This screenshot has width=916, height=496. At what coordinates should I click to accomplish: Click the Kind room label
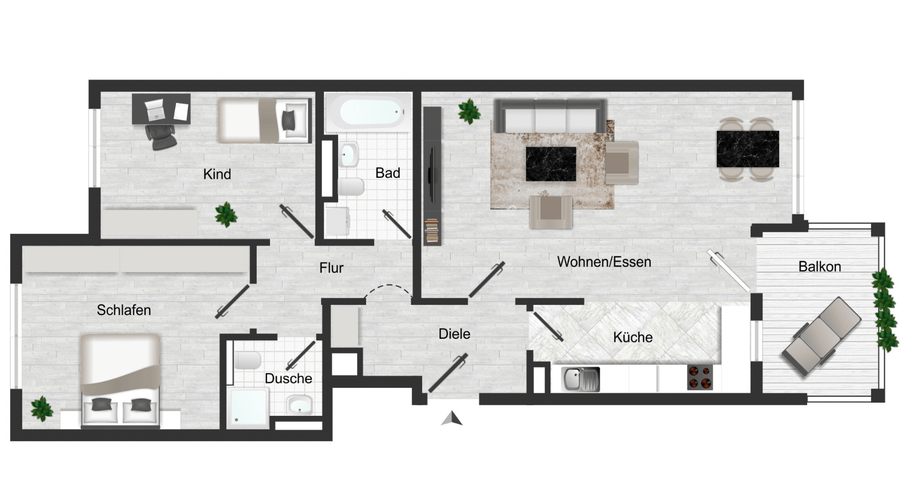(217, 174)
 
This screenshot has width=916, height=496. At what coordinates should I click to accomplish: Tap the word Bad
(388, 173)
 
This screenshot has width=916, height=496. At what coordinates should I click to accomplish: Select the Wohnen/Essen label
(604, 262)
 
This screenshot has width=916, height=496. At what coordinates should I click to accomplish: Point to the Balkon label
(819, 266)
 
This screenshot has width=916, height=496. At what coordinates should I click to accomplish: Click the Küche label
(633, 337)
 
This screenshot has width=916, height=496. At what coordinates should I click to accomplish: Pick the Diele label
(454, 334)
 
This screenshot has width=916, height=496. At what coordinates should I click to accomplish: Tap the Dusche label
(288, 378)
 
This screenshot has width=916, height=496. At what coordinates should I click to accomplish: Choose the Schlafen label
(124, 310)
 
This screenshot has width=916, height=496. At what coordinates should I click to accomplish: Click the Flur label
(331, 268)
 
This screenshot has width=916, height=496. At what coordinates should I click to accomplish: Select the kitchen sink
(580, 379)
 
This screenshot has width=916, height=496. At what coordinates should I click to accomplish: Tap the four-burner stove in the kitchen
(700, 377)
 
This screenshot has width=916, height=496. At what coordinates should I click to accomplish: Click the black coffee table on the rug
(551, 164)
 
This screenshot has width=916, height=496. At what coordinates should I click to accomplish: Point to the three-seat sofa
(549, 116)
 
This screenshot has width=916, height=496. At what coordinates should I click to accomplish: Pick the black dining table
(747, 149)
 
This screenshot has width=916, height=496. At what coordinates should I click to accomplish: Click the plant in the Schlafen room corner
(41, 408)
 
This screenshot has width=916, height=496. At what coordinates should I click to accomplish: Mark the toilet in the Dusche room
(248, 361)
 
